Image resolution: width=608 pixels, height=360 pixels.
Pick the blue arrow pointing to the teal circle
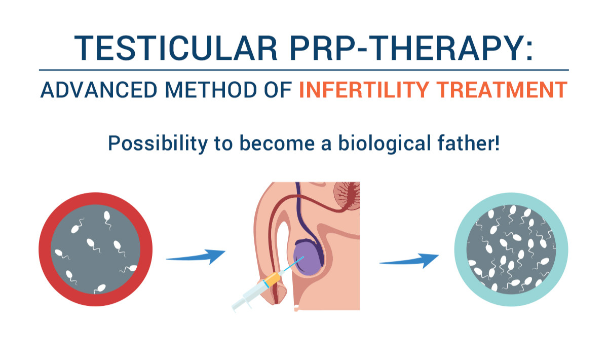409,260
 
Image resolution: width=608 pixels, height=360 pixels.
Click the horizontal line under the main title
304,70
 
